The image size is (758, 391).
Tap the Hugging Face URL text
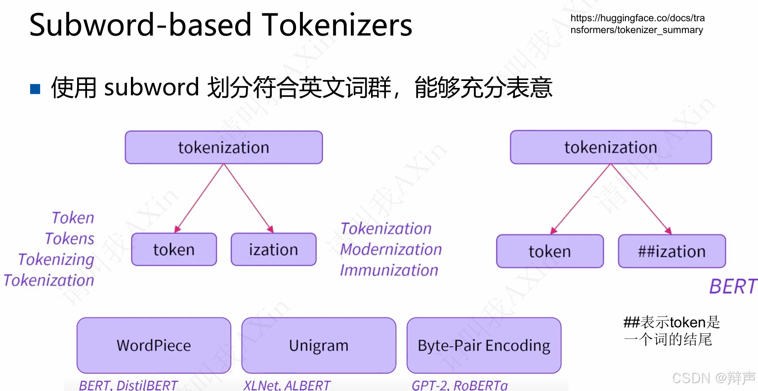(637, 24)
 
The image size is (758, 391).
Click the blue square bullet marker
(35, 89)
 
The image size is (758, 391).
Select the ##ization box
(672, 251)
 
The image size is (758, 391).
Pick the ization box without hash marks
(273, 249)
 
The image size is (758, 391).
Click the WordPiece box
(154, 345)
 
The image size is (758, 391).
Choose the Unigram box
(319, 345)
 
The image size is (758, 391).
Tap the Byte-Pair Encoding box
(484, 345)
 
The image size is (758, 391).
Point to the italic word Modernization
(391, 249)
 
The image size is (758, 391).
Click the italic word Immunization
(389, 270)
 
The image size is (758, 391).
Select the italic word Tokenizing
(56, 259)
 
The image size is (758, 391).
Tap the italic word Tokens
(69, 238)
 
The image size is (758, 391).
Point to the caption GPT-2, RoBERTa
(460, 385)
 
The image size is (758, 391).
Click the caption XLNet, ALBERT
(287, 385)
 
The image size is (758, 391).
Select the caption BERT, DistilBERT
(128, 385)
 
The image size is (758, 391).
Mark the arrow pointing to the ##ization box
(641, 198)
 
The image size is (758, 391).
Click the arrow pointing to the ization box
(249, 198)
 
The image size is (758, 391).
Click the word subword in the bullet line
(151, 88)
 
